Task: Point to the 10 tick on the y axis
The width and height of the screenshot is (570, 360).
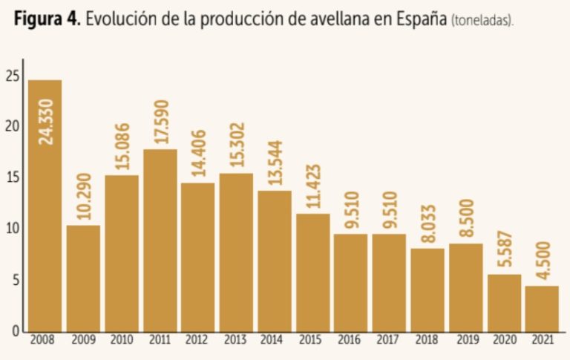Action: (x=11, y=228)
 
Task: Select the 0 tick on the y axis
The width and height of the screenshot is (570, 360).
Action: (x=14, y=331)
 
